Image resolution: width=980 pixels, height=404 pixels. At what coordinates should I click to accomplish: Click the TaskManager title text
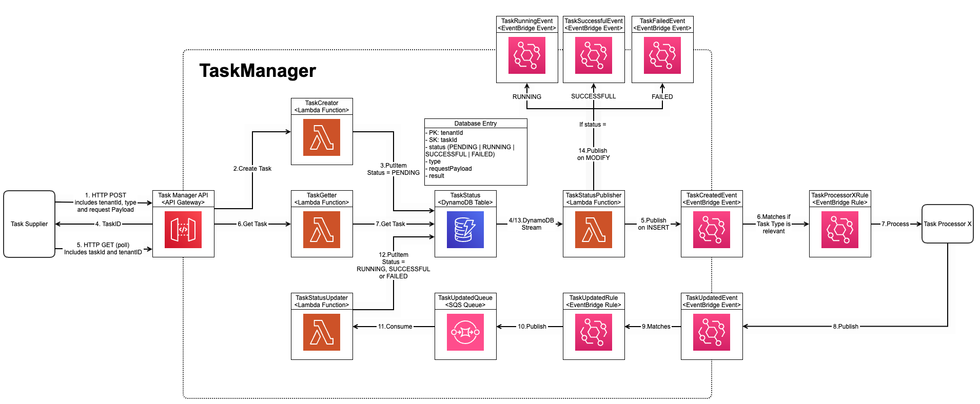pos(258,71)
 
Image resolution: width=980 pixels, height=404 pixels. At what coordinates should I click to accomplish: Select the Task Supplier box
pos(29,224)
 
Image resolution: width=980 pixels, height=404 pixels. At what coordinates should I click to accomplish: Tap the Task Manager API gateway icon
pos(183,230)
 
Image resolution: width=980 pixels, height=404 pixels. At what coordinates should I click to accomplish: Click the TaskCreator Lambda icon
pos(322,137)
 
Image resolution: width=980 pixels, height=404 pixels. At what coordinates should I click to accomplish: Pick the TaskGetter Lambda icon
pos(322,230)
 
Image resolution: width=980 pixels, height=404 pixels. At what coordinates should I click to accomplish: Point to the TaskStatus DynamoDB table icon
pos(465,230)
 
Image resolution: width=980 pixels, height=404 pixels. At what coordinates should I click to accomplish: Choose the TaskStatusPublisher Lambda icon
pos(594,230)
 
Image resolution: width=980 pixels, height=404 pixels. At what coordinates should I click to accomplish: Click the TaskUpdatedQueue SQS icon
pos(465,332)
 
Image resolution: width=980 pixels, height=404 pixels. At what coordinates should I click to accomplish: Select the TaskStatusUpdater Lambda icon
pos(322,332)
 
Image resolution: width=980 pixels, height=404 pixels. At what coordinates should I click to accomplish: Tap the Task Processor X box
pos(947,224)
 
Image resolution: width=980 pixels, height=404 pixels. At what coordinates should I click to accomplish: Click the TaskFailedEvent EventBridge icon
pos(662,55)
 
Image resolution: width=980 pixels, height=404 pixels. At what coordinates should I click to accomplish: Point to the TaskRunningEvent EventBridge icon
pos(527,55)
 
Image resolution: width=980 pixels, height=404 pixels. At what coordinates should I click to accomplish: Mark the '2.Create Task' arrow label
pos(252,169)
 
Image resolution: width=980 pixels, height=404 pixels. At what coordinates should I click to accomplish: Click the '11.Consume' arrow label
pos(395,327)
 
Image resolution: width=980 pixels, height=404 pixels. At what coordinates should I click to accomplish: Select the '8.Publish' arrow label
pos(846,327)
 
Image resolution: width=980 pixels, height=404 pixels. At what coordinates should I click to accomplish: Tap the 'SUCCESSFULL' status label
pos(594,96)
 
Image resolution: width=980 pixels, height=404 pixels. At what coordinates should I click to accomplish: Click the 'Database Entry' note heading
pos(476,124)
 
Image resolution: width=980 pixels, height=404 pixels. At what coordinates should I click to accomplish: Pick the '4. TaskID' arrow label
pos(108,224)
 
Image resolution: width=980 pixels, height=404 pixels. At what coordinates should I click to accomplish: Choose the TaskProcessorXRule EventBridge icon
pos(840,230)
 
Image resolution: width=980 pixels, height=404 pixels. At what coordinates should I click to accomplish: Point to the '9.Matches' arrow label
pos(656,327)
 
